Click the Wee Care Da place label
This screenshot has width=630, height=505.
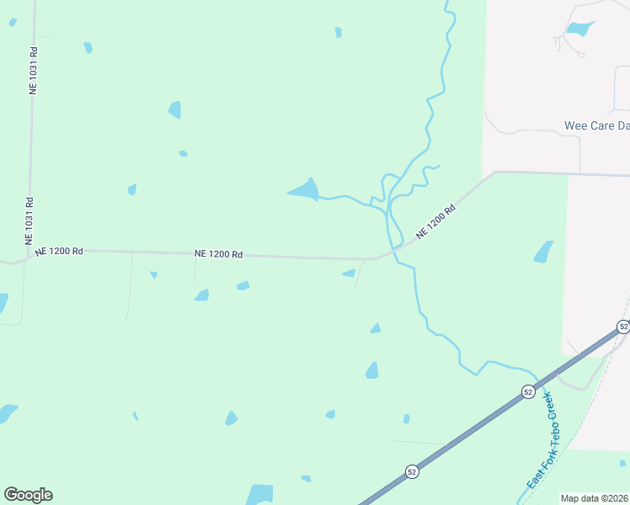(x=596, y=126)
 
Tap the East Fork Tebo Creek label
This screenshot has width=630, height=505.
(x=542, y=440)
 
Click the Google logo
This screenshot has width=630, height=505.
(x=28, y=495)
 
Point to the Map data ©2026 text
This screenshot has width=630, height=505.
(x=595, y=498)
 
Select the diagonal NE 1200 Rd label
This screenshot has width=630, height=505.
(x=435, y=221)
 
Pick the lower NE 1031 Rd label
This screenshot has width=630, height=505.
(x=29, y=221)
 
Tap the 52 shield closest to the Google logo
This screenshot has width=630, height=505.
(x=411, y=471)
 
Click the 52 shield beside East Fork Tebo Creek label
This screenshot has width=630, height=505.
(x=527, y=391)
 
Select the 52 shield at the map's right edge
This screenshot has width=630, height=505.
(x=623, y=327)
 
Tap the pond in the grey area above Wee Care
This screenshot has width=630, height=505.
(x=579, y=29)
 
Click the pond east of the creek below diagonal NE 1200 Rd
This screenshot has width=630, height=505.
(x=543, y=252)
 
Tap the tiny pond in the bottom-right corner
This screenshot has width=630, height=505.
(x=622, y=462)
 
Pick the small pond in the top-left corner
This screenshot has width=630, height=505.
(x=13, y=22)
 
